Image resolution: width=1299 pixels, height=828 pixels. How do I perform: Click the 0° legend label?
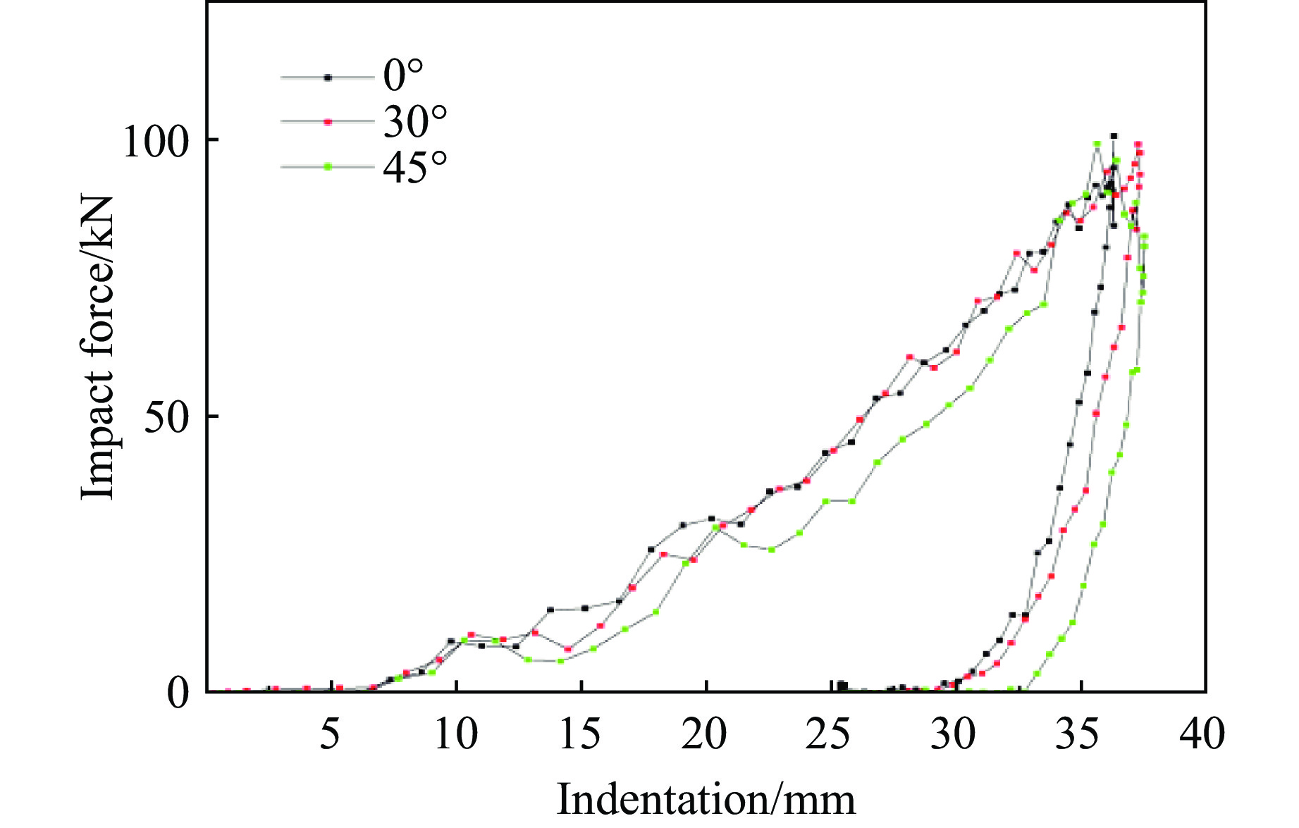click(403, 75)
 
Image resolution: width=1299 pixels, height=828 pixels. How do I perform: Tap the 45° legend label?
click(415, 168)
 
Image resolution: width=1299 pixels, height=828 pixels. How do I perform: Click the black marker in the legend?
click(327, 78)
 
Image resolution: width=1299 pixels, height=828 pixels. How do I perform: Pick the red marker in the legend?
click(327, 122)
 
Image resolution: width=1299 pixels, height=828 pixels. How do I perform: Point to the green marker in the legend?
click(327, 167)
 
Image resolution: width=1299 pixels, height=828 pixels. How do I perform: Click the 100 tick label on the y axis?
click(156, 141)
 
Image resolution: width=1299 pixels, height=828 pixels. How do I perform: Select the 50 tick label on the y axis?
click(167, 417)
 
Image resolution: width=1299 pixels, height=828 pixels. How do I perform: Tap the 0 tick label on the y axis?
click(178, 693)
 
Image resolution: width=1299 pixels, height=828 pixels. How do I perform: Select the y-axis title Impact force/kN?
click(97, 347)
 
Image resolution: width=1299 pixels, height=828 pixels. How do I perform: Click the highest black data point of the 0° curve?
click(1114, 136)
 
